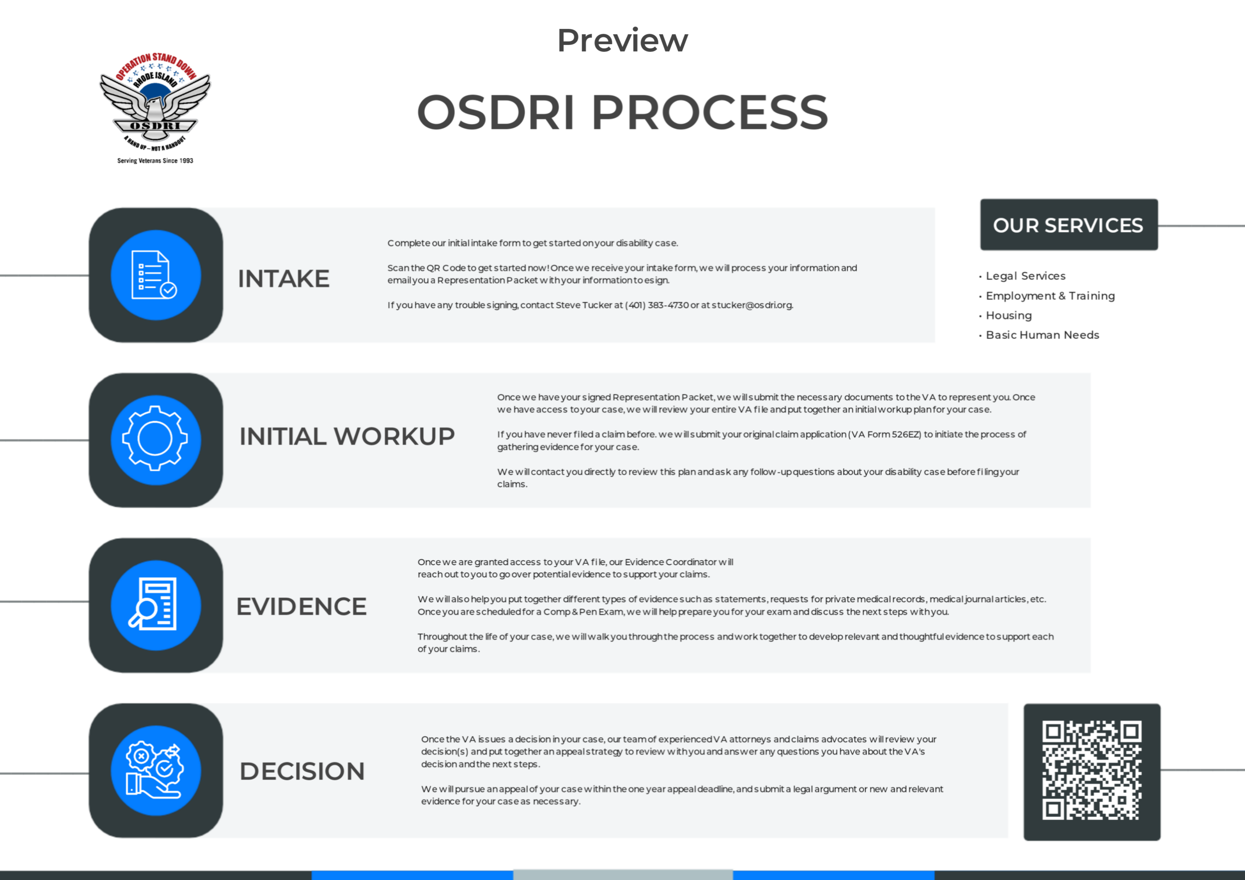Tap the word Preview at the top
point(622,41)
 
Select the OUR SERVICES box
point(1069,224)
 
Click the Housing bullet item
point(1006,315)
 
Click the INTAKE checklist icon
point(156,275)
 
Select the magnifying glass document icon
point(156,605)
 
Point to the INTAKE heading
point(283,279)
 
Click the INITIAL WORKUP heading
point(347,436)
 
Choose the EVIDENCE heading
point(301,606)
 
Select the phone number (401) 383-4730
point(657,305)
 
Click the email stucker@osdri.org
point(752,305)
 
